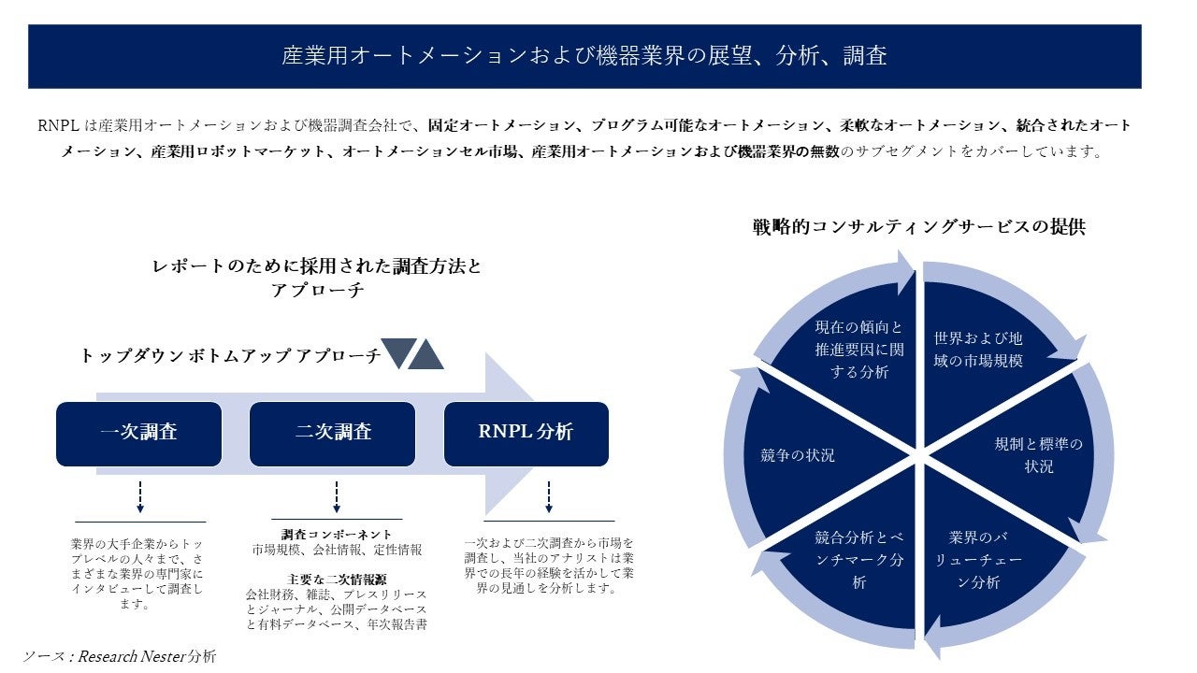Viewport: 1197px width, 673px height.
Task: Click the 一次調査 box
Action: [x=138, y=434]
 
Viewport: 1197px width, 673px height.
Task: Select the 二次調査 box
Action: [x=332, y=434]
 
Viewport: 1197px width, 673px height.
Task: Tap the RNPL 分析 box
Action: [x=526, y=434]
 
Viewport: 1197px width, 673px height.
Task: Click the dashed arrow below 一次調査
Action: [x=139, y=496]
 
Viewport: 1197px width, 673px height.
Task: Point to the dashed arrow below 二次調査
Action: [x=336, y=496]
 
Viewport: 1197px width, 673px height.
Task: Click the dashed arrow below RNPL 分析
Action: [x=548, y=496]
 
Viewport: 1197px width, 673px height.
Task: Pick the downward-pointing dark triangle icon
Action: [x=397, y=352]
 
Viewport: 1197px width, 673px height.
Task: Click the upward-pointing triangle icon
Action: [x=426, y=353]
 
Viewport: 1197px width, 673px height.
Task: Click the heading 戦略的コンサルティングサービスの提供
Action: [x=918, y=226]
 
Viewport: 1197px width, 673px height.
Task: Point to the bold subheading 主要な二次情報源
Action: [x=337, y=579]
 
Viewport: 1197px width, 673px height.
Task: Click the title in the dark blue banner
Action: [x=584, y=56]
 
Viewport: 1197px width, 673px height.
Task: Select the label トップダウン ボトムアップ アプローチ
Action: [x=230, y=355]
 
